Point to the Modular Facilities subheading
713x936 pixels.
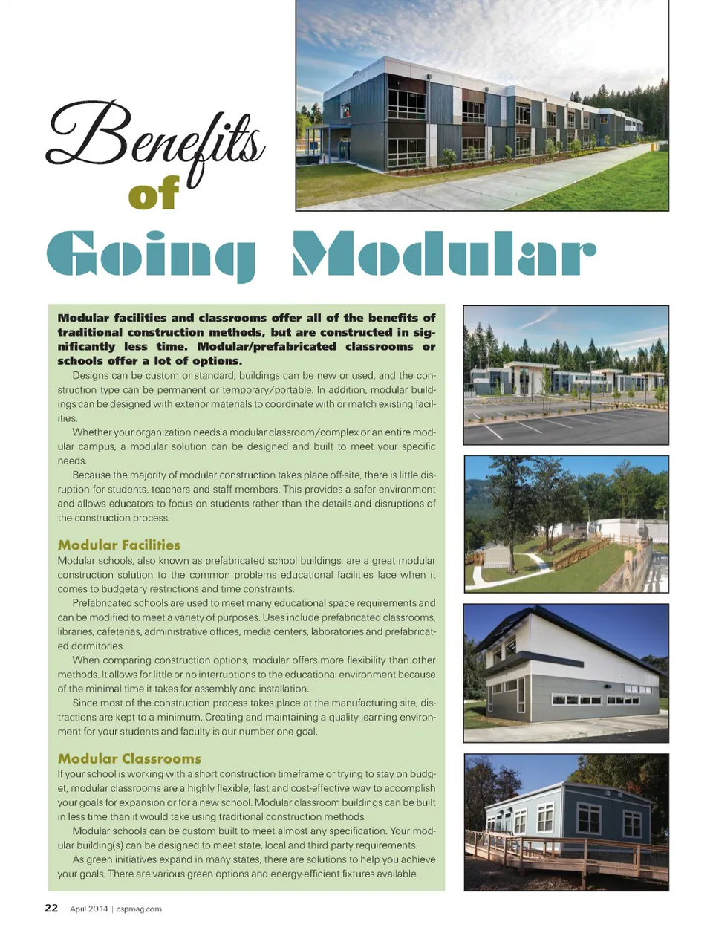tap(119, 545)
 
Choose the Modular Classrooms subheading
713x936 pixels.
tap(129, 758)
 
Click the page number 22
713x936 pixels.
tap(51, 908)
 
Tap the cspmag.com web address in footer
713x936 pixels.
tap(139, 909)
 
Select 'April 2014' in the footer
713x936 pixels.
tap(88, 909)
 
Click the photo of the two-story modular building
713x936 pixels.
tap(481, 105)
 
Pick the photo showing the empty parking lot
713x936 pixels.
tap(566, 375)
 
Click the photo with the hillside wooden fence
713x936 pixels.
tap(566, 524)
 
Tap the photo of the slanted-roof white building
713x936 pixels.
tap(566, 673)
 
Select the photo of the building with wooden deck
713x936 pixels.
tap(566, 822)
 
